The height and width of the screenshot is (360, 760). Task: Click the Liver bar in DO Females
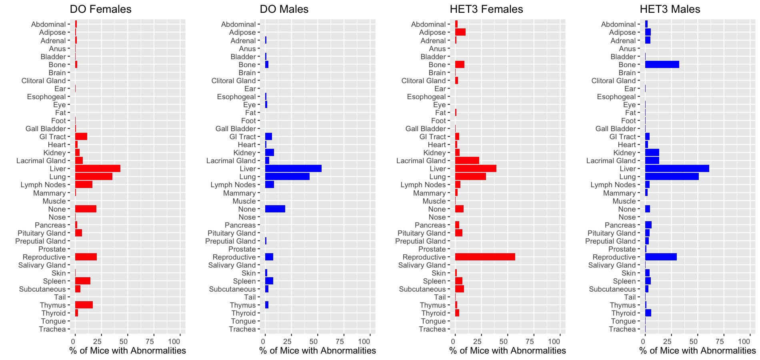98,169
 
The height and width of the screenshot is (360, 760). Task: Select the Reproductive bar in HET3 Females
485,257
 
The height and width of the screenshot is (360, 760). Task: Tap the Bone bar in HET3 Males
662,64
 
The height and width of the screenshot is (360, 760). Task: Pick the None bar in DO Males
275,209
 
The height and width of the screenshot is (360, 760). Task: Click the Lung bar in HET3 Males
672,177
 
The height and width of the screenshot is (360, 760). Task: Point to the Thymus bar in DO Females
84,305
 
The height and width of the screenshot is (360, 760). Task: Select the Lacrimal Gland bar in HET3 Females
467,161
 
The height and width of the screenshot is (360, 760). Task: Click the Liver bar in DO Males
293,169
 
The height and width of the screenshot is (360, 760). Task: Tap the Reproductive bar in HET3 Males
661,257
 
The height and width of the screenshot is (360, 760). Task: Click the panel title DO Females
100,9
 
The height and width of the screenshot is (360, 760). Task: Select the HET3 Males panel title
670,9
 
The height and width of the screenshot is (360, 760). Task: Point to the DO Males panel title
284,9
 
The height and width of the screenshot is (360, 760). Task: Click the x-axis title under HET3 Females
508,351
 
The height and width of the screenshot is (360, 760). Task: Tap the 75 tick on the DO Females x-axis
150,341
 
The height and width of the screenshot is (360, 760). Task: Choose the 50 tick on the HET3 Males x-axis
694,341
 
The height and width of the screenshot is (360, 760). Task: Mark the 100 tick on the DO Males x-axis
364,341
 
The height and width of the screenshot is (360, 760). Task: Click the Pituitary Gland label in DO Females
42,233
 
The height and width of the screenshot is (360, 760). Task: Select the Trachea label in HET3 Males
622,329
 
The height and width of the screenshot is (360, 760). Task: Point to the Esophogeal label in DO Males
236,97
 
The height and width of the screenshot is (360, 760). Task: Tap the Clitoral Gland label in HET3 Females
424,81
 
